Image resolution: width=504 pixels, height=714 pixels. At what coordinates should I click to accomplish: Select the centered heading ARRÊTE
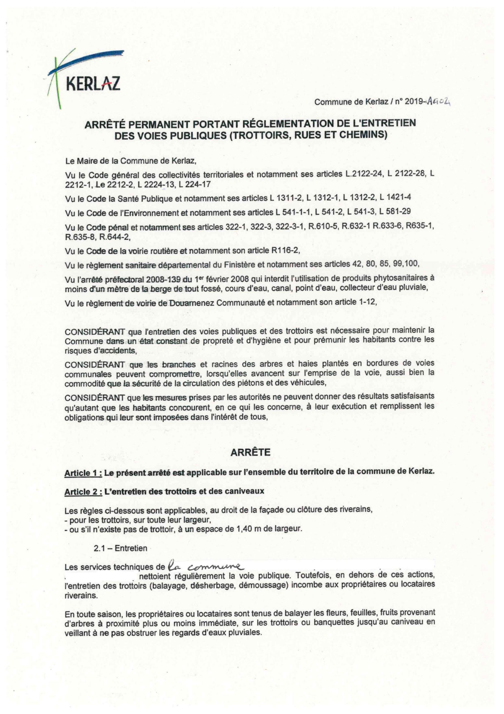(250, 452)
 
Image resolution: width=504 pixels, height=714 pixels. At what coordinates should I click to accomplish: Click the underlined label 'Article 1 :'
(83, 473)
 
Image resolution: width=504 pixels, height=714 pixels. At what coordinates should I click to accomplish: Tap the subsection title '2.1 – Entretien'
(120, 548)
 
